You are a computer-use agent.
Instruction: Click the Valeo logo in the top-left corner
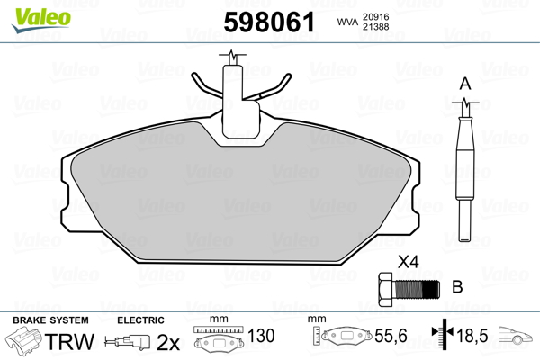pyautogui.click(x=34, y=13)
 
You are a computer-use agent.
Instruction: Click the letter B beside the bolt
pyautogui.click(x=456, y=288)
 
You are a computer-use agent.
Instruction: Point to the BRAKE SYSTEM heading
pyautogui.click(x=49, y=320)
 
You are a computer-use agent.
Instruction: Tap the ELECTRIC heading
pyautogui.click(x=140, y=320)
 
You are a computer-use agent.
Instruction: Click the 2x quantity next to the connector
pyautogui.click(x=168, y=341)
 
